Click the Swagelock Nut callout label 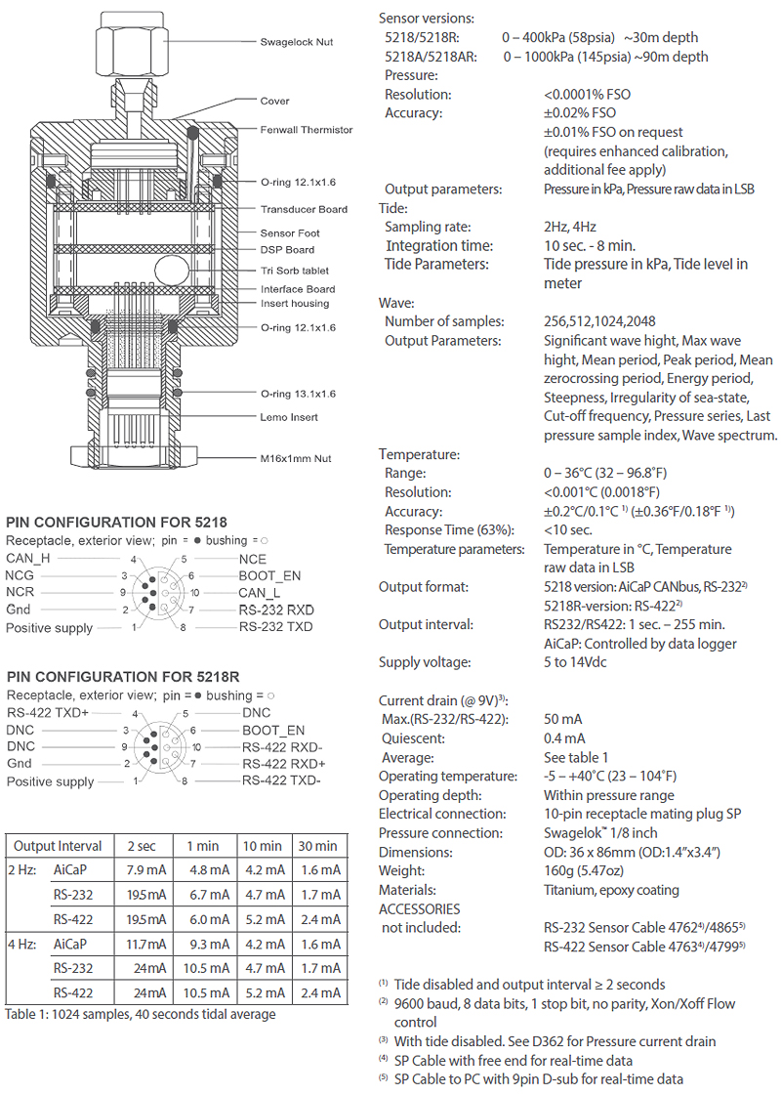[297, 42]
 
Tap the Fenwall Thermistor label [307, 129]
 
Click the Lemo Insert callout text [289, 417]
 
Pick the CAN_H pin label [30, 559]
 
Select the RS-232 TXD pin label [276, 626]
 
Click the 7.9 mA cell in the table [144, 869]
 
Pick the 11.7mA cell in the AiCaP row [144, 945]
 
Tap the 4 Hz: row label [25, 945]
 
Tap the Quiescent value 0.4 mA [564, 737]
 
